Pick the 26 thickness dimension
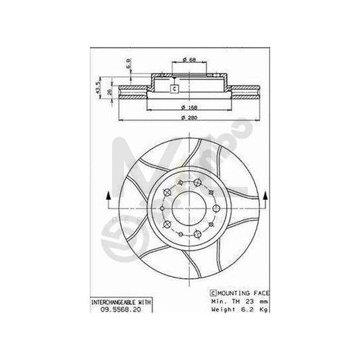109,91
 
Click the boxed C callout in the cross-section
174,88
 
